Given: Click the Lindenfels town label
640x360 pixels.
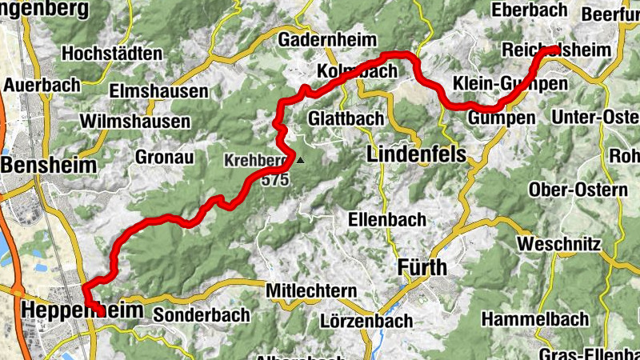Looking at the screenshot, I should click(416, 155).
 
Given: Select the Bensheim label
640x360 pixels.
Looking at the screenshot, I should click(49, 165).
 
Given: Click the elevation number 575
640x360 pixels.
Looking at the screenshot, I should click(274, 180).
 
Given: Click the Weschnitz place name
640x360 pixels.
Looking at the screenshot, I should click(558, 243).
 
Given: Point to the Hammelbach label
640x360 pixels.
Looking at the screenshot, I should click(534, 319).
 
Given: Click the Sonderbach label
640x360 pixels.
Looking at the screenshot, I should click(201, 314).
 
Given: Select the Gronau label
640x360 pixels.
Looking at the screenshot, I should click(165, 157).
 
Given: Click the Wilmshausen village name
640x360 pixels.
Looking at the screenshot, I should click(135, 122).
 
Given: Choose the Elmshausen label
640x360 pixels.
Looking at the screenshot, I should click(159, 90).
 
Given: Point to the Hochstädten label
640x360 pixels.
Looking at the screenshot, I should click(111, 54).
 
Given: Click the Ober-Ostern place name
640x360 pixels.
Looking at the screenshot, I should click(578, 190).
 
